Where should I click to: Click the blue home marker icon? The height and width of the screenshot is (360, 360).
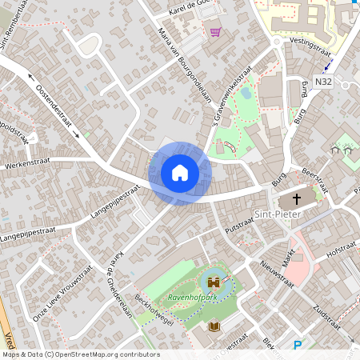coord(180,173)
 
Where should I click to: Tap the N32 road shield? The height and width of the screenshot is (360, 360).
coord(323,82)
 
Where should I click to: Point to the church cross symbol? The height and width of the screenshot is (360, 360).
coord(298,198)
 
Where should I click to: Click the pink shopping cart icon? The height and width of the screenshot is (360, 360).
coord(215,32)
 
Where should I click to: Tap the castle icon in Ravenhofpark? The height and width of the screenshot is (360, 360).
coord(214,282)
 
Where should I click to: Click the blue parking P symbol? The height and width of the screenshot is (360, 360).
coord(298,346)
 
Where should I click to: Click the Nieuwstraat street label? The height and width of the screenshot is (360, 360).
coord(276,272)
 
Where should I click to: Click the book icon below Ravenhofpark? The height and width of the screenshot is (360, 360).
coord(214,326)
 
